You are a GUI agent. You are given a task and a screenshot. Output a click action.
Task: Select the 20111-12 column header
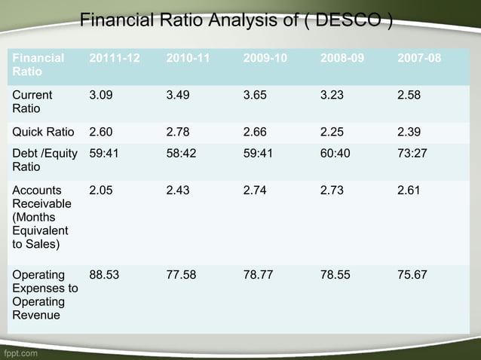115,57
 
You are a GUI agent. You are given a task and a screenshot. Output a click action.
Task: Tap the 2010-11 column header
188,57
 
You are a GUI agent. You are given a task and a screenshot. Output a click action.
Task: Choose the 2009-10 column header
265,57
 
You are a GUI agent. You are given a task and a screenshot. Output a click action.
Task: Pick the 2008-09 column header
342,57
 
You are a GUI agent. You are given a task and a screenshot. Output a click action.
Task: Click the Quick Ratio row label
43,133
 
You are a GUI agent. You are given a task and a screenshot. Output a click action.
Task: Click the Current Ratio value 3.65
256,96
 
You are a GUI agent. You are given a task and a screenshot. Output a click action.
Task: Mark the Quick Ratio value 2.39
409,133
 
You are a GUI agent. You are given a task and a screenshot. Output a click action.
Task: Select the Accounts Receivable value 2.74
256,191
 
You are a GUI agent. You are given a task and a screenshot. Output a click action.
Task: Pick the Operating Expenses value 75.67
412,275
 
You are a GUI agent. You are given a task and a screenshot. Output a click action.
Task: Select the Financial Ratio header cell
38,64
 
